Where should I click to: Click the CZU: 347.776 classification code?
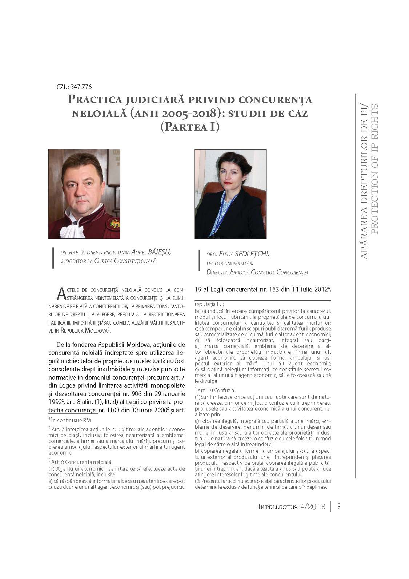[74, 87]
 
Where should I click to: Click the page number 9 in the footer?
[339, 507]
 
